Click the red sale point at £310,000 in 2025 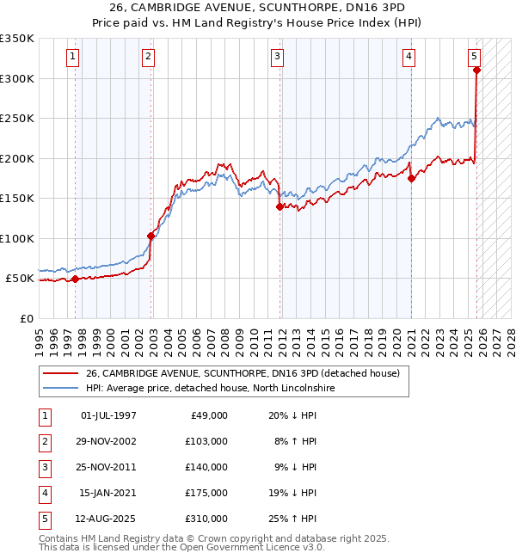tap(476, 71)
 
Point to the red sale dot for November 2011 tap(280, 206)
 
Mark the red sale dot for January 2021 tap(411, 179)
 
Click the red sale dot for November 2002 tap(151, 236)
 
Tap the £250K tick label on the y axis tap(17, 119)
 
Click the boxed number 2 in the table tap(44, 442)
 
